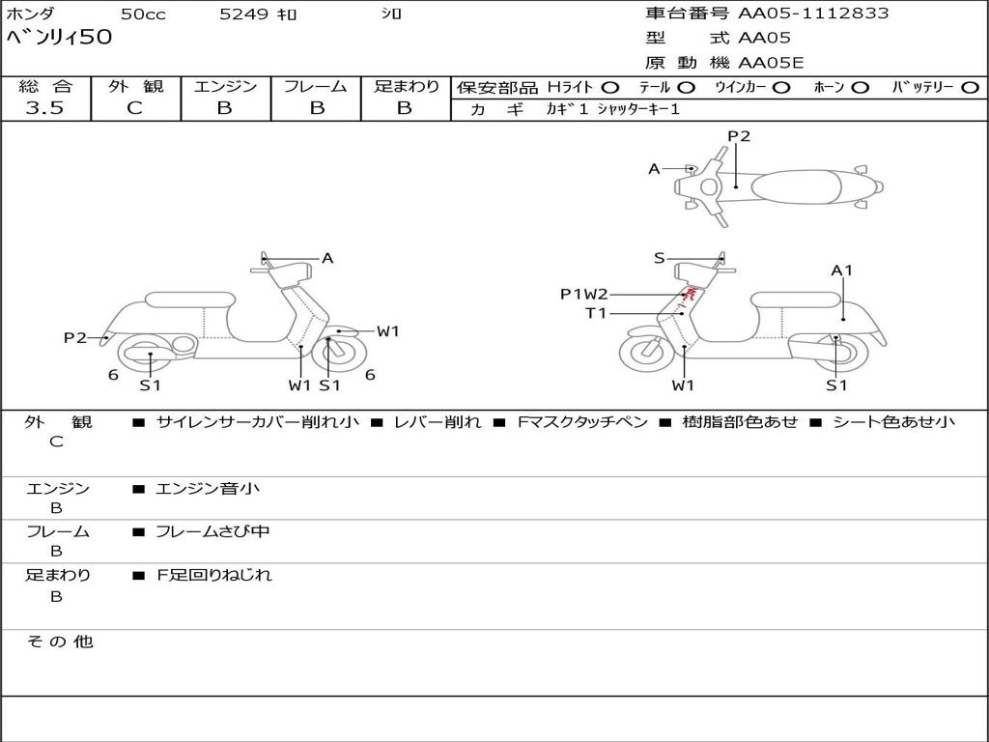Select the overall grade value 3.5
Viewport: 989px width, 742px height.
point(44,108)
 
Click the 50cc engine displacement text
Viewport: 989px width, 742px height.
point(142,14)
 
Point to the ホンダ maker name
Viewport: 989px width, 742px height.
point(31,14)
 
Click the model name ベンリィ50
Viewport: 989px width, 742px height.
point(60,38)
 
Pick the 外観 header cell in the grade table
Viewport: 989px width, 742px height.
point(135,86)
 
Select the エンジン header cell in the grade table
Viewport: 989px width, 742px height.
point(225,86)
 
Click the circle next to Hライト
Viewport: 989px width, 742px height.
point(611,87)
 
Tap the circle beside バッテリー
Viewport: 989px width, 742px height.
point(970,87)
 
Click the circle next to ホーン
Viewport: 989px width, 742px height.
point(860,87)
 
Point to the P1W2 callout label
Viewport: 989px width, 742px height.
point(584,294)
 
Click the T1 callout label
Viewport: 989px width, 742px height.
point(596,313)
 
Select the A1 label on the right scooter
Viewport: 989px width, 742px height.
point(842,271)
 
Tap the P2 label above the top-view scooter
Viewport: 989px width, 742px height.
point(739,136)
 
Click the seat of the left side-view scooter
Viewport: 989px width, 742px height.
point(188,299)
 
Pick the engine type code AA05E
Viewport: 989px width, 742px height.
point(771,63)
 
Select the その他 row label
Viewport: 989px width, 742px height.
point(59,642)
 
